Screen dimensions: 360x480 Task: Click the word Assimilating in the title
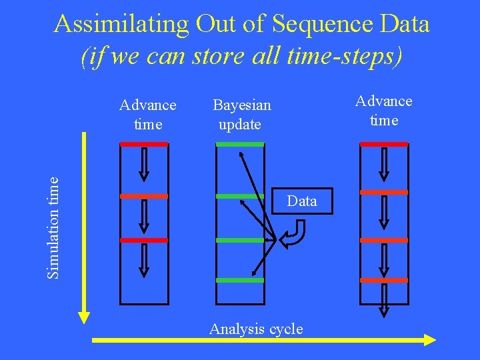(122, 24)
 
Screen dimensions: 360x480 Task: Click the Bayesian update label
(241, 115)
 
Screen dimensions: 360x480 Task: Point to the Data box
(302, 201)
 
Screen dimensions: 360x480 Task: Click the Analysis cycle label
(256, 329)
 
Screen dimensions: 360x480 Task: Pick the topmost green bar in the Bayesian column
(240, 144)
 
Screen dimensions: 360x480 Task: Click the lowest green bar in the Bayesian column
(240, 281)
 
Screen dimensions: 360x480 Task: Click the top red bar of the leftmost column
(144, 144)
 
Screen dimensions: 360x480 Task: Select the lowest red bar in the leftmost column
(144, 240)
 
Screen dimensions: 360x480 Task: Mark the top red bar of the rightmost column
(384, 144)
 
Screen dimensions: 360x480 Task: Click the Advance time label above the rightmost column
(384, 111)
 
